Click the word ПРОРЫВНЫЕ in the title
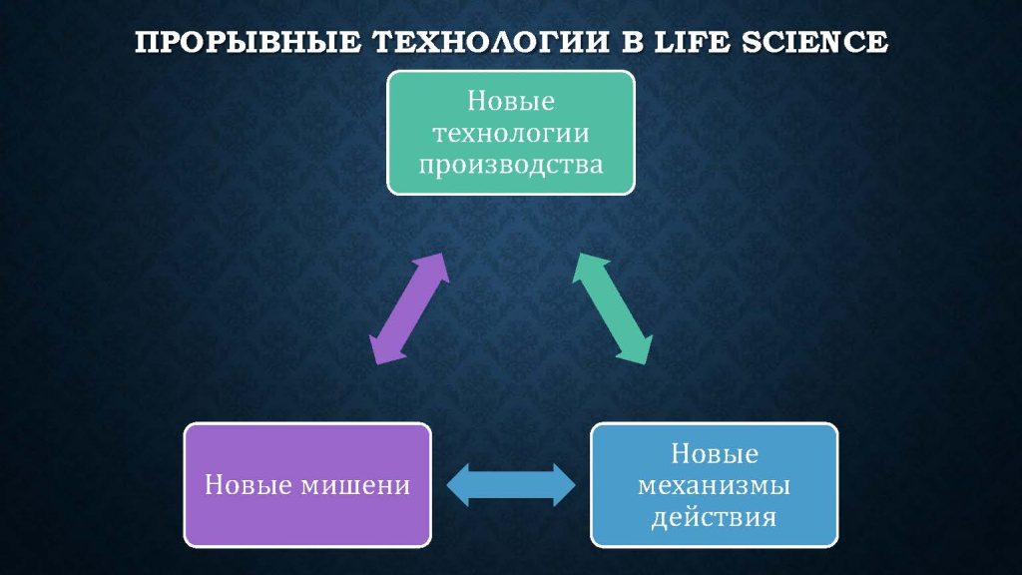point(248,42)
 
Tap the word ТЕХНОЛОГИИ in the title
point(490,42)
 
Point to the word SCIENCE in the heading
point(814,42)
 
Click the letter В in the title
point(631,42)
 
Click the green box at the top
point(511,133)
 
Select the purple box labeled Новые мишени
point(307,484)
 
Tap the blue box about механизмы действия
point(715,484)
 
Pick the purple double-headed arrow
point(409,308)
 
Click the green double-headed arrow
point(612,308)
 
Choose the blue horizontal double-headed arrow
point(511,485)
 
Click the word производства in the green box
point(511,165)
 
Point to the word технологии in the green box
point(511,133)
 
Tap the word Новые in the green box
point(511,101)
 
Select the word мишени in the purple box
point(356,485)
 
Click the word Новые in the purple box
point(249,485)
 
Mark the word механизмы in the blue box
point(715,486)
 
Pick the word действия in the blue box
point(715,518)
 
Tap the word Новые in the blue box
point(715,454)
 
